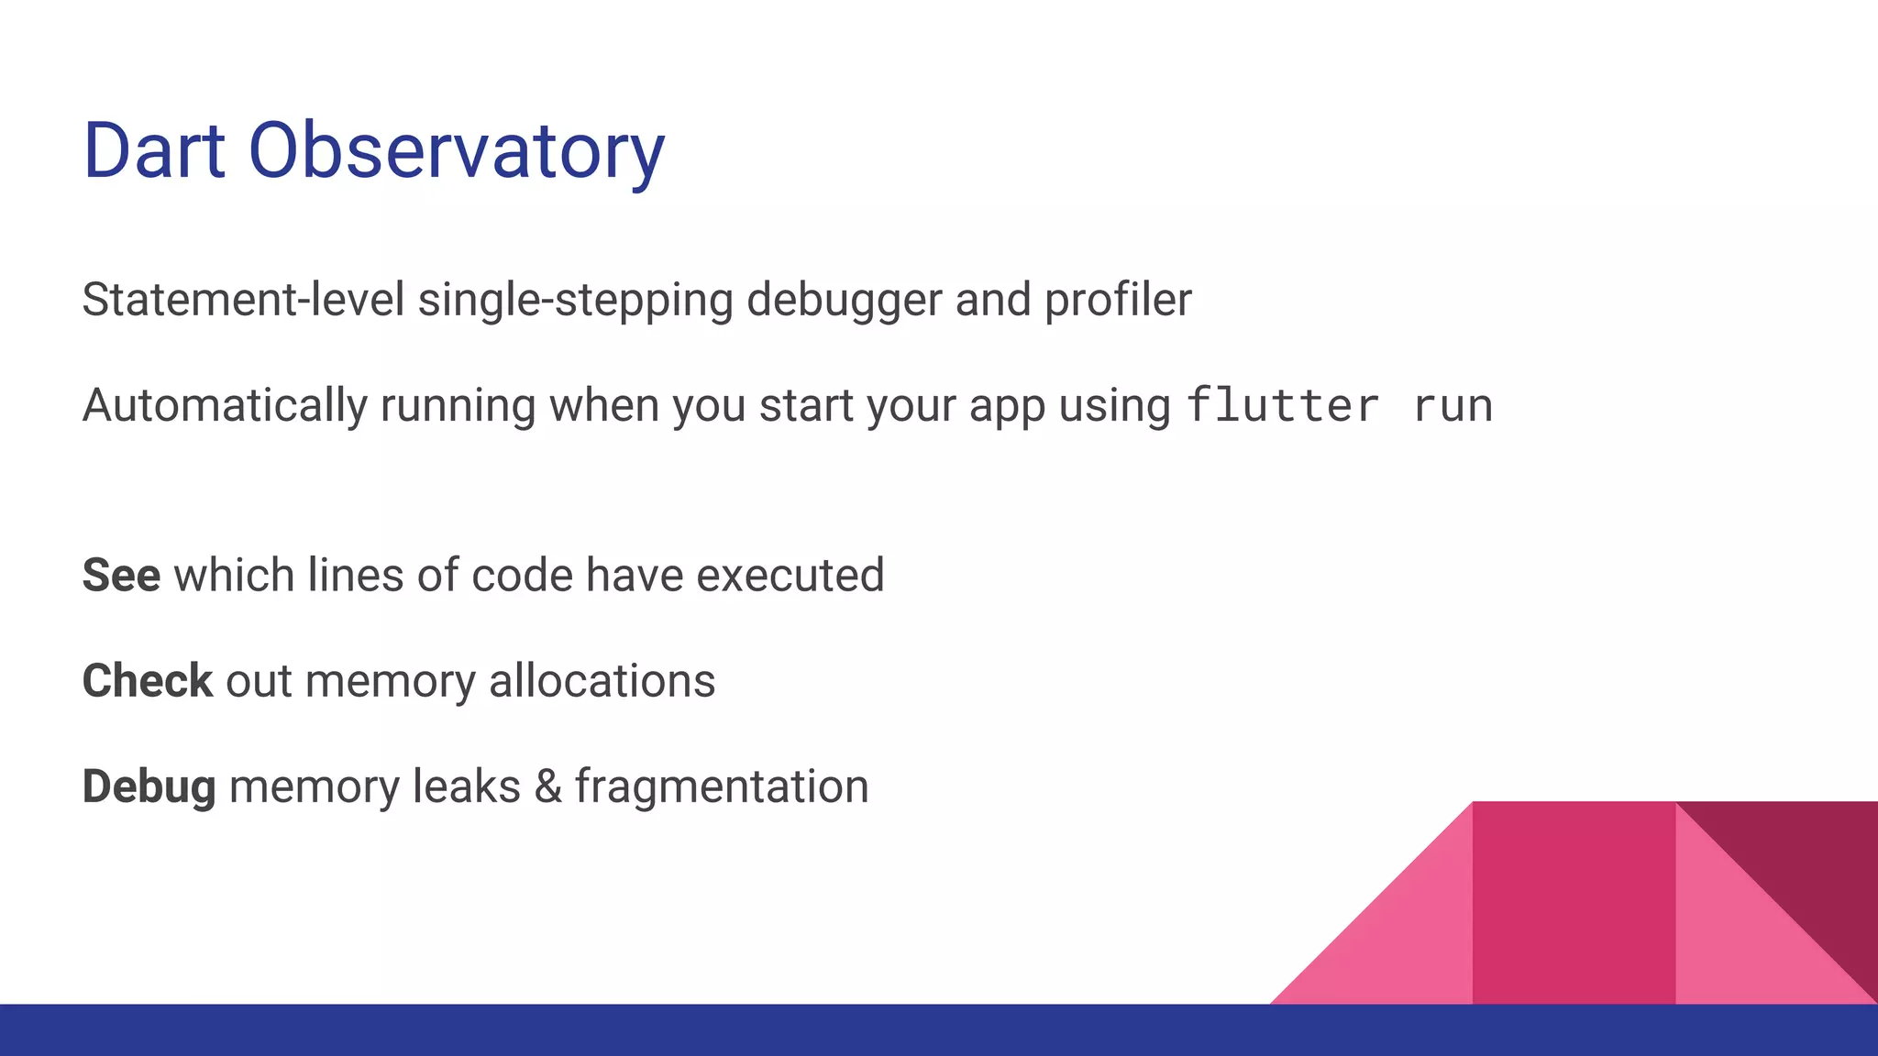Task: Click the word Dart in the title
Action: pos(154,150)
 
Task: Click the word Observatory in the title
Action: pos(456,150)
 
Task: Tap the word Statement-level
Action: pos(243,300)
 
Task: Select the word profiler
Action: pos(1118,300)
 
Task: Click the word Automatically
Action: pos(225,405)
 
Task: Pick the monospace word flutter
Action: pos(1282,405)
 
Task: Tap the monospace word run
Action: pos(1453,407)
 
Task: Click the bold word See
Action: pos(121,576)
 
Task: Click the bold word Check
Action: pos(148,681)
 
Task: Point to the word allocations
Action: pos(602,681)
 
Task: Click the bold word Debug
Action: pos(149,786)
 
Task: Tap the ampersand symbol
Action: pos(547,786)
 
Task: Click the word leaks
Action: pos(466,786)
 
